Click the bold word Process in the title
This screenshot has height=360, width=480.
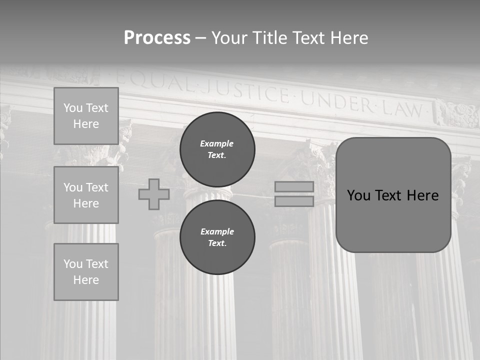(x=157, y=38)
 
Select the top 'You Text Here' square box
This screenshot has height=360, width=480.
(x=86, y=116)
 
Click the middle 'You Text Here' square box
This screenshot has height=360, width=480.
(x=86, y=195)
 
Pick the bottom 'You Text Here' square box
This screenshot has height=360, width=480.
(x=86, y=272)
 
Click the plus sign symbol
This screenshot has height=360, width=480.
(x=154, y=194)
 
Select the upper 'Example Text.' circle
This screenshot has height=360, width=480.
(x=217, y=149)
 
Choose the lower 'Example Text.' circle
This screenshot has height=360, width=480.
(x=217, y=237)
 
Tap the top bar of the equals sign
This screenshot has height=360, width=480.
(x=294, y=186)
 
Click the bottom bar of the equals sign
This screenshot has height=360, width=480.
(x=294, y=201)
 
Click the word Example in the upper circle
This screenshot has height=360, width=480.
(x=217, y=143)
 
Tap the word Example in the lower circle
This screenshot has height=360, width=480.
(x=217, y=231)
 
